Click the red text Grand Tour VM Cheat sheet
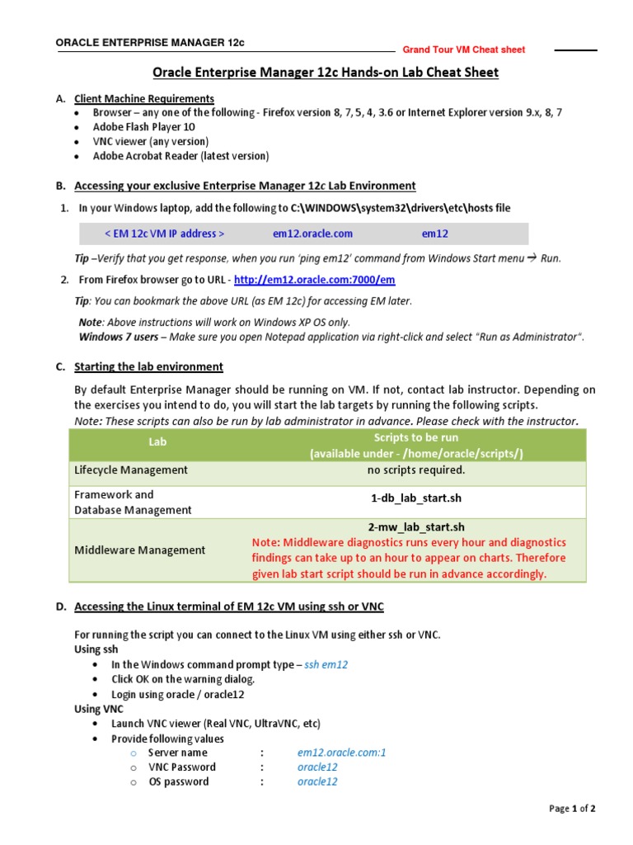[463, 50]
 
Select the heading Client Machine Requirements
[144, 98]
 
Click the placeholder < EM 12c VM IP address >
[164, 234]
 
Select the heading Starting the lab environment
[148, 366]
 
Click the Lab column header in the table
[157, 441]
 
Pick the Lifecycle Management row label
[131, 470]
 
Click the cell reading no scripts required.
[416, 470]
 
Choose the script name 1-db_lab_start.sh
[416, 499]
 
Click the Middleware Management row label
[140, 550]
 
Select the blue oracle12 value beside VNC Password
[317, 767]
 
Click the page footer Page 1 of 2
[572, 809]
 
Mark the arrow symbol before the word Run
[532, 257]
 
